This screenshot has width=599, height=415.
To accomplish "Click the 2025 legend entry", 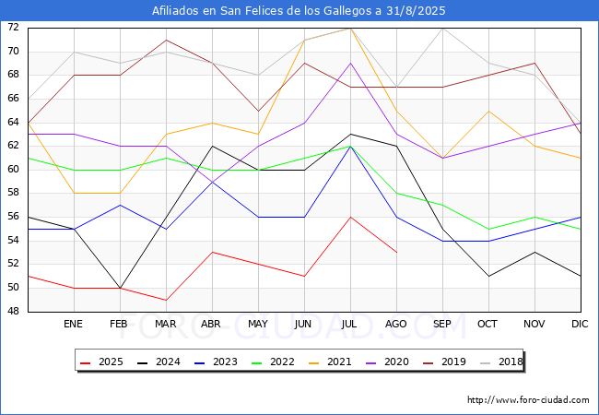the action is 101,362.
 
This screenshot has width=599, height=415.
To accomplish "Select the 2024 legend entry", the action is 159,362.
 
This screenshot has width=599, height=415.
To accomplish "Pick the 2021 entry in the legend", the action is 330,362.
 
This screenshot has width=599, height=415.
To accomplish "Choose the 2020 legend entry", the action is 387,362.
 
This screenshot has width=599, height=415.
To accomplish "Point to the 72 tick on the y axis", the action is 13,27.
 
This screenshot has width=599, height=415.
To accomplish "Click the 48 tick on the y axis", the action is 13,312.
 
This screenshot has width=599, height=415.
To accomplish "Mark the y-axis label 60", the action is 13,170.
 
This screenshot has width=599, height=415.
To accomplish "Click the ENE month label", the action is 73,324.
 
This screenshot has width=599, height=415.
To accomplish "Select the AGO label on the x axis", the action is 395,324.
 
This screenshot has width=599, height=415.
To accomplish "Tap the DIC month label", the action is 580,324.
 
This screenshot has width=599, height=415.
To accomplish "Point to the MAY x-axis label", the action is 258,324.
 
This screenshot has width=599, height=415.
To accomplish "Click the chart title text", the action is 299,10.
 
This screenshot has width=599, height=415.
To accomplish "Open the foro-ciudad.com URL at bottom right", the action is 528,400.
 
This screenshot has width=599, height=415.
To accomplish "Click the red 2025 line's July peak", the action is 351,217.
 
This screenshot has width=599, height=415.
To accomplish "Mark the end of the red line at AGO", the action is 397,252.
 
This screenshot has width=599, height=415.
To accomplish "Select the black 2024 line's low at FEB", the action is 121,288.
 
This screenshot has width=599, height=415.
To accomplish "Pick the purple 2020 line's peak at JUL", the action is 351,63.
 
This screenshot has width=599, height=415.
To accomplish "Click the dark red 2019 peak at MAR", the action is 166,40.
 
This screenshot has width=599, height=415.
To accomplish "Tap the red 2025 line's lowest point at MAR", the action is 166,300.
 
